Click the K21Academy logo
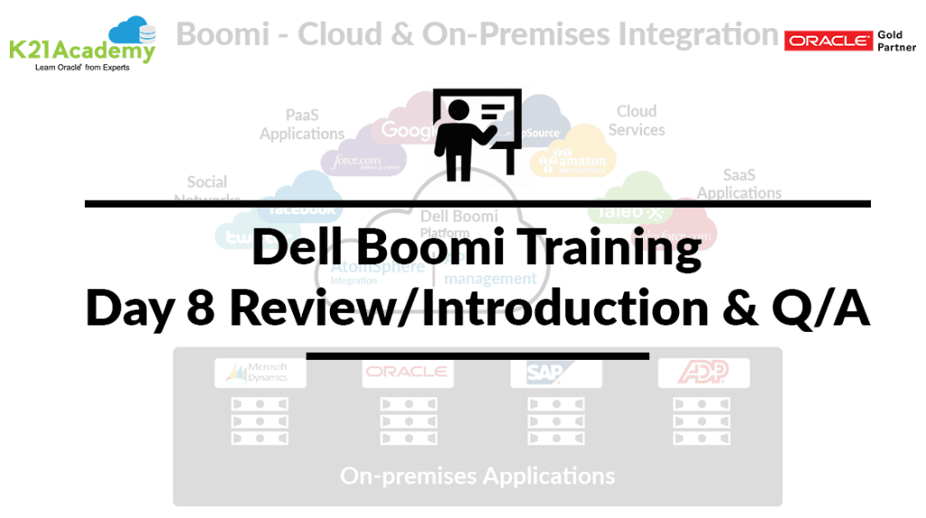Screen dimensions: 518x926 pos(81,42)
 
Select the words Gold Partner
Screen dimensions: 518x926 pos(896,41)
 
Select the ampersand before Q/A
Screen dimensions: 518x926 pos(750,308)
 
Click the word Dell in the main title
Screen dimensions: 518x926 pos(291,249)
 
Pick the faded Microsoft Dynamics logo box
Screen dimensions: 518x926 pos(260,372)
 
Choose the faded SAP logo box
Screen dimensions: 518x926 pos(555,372)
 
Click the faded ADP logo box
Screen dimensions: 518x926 pos(704,372)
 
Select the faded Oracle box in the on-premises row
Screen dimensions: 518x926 pos(407,372)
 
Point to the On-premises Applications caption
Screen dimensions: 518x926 pos(477,476)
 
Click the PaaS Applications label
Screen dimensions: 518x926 pos(302,125)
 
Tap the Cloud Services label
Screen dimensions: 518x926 pos(637,120)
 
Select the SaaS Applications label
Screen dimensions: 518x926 pos(739,184)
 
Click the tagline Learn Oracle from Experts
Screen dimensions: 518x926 pos(82,68)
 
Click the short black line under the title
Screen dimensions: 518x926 pos(477,356)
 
